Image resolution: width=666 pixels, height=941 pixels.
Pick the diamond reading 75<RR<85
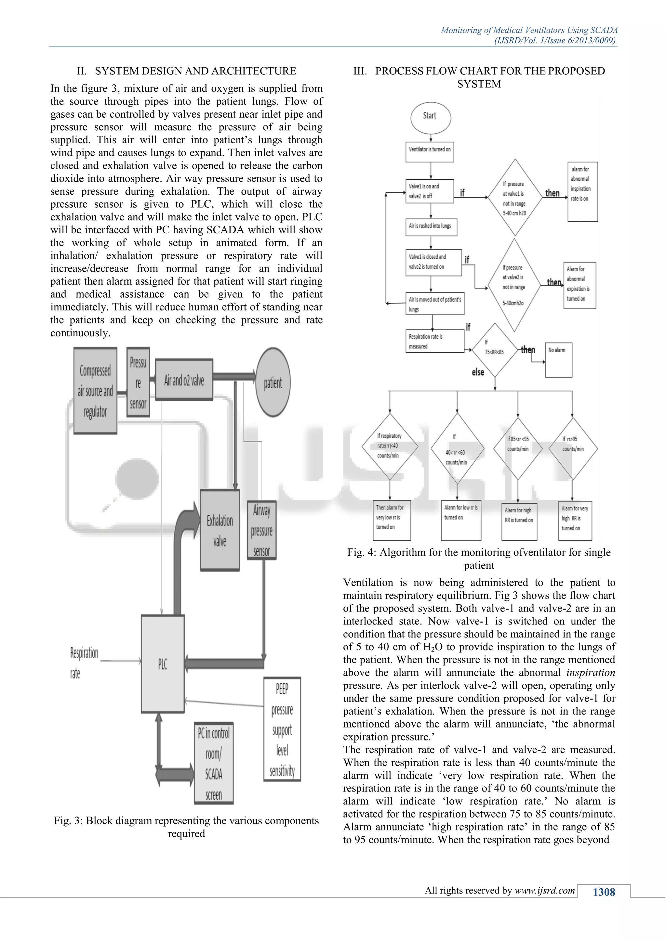495,350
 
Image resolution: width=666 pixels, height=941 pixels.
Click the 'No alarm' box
558,359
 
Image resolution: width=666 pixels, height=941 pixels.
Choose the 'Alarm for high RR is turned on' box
519,519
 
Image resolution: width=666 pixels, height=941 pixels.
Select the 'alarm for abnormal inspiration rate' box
582,192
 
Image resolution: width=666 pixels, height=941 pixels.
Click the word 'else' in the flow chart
478,372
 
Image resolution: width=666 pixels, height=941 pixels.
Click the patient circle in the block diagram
273,382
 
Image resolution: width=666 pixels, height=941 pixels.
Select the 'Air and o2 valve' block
184,380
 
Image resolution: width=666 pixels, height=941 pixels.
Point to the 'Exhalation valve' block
220,530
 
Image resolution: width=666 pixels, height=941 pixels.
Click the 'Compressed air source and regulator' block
95,391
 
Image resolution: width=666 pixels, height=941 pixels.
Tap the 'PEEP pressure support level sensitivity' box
282,729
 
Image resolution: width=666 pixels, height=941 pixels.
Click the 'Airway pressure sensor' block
262,530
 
